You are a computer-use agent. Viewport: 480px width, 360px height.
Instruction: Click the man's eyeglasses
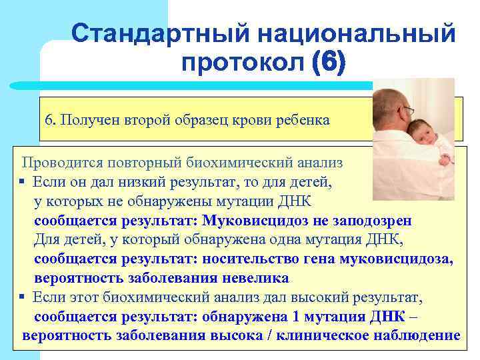point(407,109)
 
